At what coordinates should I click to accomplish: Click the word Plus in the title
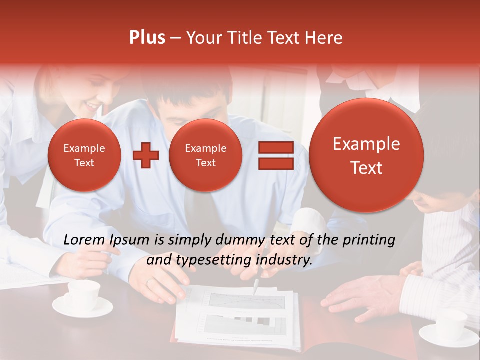click(147, 38)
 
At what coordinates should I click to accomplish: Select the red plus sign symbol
click(146, 155)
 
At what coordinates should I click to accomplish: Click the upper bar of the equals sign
click(275, 147)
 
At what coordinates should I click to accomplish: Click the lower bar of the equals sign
click(275, 164)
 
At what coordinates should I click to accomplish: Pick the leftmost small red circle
click(84, 155)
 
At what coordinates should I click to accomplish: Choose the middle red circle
click(205, 155)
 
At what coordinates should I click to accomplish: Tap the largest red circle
click(366, 155)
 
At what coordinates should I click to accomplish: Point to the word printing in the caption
click(369, 240)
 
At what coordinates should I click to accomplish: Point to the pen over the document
click(256, 286)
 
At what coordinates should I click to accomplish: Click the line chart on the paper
click(247, 300)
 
